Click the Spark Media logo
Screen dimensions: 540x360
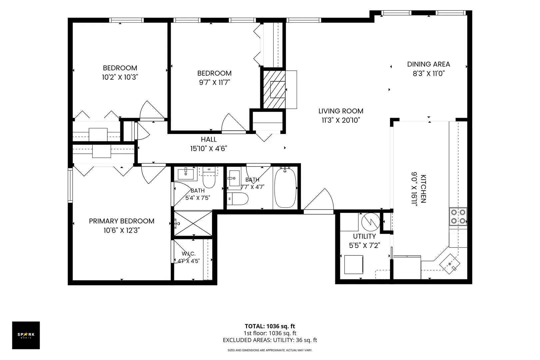pos(26,335)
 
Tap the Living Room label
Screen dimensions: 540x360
pos(341,111)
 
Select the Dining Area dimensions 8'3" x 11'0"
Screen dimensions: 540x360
pos(429,74)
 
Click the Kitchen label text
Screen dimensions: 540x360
pos(423,189)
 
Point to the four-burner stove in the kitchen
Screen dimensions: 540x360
pos(458,217)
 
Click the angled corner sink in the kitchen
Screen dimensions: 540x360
pos(450,264)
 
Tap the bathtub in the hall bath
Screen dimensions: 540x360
pos(285,188)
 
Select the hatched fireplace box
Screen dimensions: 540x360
pos(274,89)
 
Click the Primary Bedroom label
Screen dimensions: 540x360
pos(121,221)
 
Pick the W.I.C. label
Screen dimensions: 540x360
pos(189,254)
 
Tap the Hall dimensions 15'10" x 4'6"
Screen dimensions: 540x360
pos(209,149)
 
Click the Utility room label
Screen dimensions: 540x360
pos(364,236)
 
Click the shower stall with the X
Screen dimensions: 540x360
pos(193,223)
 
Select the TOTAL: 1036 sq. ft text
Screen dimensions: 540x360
pos(270,326)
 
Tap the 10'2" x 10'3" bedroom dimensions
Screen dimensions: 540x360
pos(120,77)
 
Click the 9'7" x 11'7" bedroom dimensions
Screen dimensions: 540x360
pos(214,82)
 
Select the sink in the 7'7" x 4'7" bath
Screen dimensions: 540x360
pos(234,178)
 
